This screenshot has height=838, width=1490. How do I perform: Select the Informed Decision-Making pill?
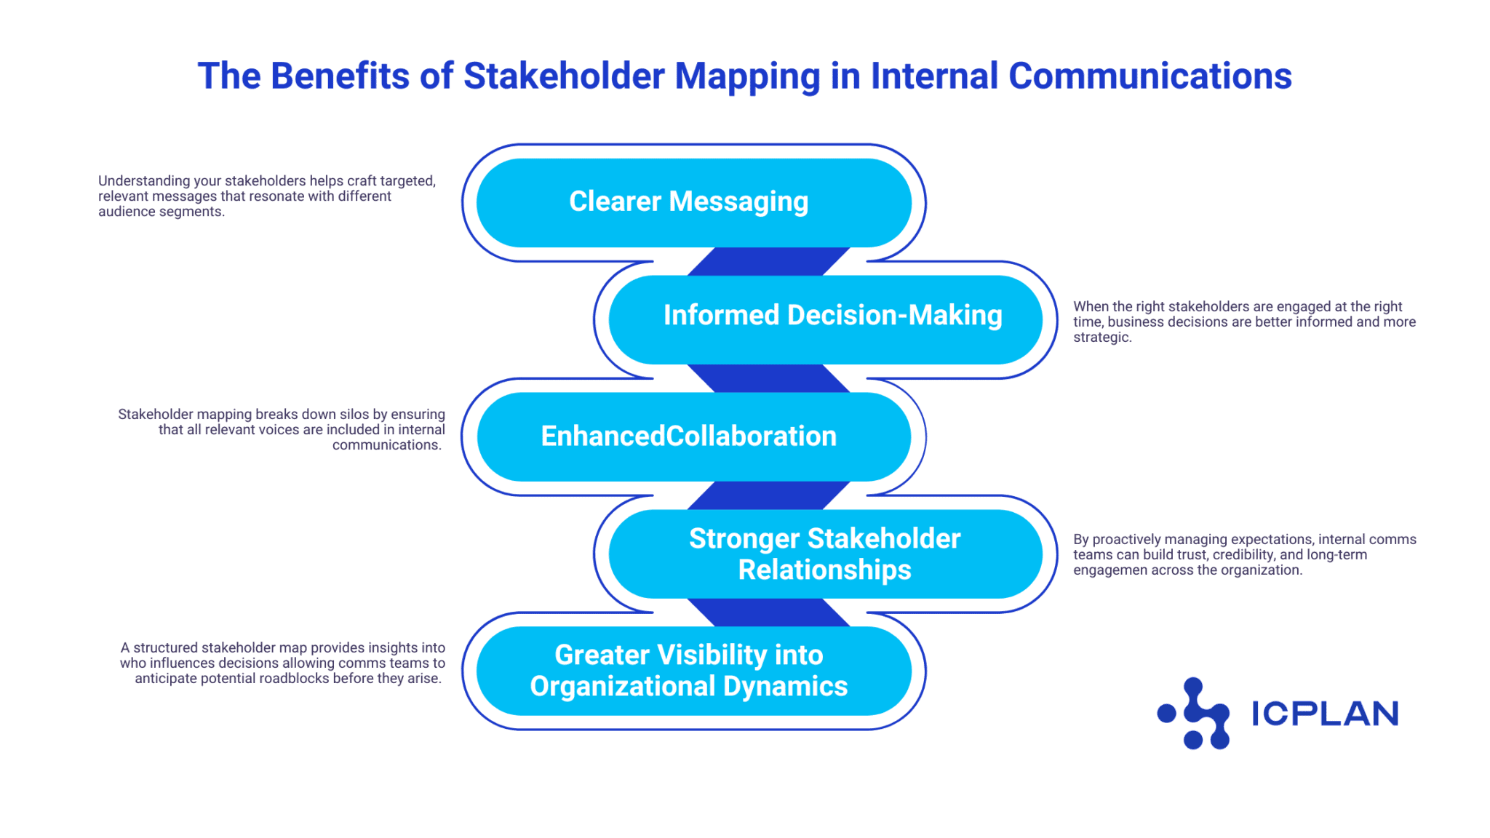click(825, 319)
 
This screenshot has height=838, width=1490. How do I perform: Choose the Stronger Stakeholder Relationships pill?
click(825, 554)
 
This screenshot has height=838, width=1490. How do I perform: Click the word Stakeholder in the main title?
click(564, 76)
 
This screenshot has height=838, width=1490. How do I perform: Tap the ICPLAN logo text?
click(1324, 714)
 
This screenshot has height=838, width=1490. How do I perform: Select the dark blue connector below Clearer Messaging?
click(768, 261)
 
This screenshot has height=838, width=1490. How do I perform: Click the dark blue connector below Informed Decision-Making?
click(768, 378)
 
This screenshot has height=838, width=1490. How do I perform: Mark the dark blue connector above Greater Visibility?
click(768, 612)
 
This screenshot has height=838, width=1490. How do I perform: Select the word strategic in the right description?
click(1101, 338)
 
